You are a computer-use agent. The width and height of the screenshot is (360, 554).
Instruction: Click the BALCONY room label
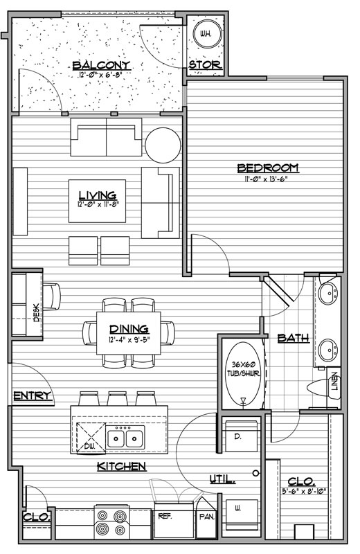101,65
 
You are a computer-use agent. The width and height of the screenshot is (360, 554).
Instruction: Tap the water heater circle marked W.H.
208,34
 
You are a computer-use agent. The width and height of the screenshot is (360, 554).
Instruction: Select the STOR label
205,64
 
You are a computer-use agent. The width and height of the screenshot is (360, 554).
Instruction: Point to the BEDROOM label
268,168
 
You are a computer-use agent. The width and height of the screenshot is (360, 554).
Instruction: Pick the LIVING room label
97,195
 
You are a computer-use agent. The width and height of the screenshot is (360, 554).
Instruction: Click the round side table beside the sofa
163,145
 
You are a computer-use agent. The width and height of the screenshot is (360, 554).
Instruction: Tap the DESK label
37,312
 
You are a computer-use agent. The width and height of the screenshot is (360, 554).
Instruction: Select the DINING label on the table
129,329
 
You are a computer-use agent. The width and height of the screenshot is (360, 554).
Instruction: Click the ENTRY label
33,395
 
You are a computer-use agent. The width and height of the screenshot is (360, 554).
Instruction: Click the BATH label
294,338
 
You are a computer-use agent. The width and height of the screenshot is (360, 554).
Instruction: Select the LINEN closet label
334,382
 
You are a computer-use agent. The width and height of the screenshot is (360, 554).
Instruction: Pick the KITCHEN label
121,466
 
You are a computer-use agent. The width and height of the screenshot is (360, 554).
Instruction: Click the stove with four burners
111,523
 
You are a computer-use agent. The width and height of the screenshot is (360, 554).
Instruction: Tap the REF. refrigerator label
165,516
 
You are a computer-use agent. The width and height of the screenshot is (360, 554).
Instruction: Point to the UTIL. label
222,479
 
